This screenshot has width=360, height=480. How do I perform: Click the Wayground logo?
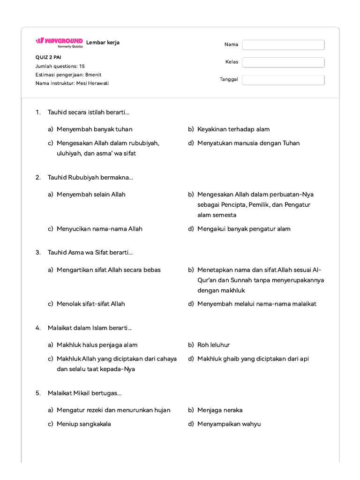click(59, 42)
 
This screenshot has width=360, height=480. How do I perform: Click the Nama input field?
click(283, 45)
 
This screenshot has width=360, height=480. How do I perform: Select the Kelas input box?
click(283, 62)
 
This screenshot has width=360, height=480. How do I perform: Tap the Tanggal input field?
click(283, 80)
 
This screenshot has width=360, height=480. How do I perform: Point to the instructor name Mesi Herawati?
click(92, 83)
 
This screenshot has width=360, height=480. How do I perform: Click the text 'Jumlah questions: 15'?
click(60, 66)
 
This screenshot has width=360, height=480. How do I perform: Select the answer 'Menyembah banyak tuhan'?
click(94, 129)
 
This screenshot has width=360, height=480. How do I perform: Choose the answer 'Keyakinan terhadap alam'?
click(233, 129)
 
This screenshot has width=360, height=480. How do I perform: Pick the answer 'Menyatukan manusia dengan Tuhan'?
click(248, 143)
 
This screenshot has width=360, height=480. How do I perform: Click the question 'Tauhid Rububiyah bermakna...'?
click(90, 177)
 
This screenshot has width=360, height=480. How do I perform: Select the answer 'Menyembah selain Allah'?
click(91, 194)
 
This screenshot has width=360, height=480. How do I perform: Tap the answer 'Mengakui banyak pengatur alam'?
click(244, 229)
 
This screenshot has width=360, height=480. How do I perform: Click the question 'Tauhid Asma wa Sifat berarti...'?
click(90, 253)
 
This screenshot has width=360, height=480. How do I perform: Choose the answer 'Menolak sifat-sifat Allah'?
click(91, 304)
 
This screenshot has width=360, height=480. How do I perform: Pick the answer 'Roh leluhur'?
click(213, 345)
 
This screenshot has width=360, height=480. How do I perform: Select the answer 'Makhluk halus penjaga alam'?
click(97, 345)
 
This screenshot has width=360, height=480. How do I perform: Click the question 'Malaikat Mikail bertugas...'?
click(84, 393)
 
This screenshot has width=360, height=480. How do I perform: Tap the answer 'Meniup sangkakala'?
click(84, 424)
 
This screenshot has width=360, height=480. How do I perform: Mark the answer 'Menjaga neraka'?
click(220, 410)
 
